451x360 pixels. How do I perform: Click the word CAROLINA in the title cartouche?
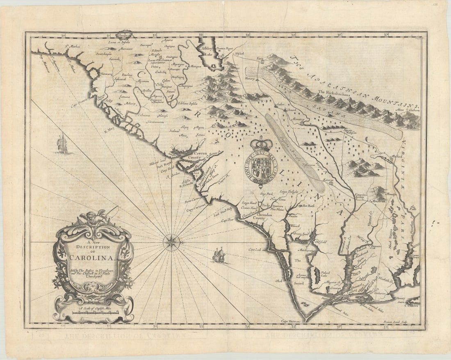tap(93, 257)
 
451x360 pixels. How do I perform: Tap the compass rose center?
tap(171, 242)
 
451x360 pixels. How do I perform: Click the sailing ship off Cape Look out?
tap(219, 255)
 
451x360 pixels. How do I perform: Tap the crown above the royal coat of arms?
tap(262, 144)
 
